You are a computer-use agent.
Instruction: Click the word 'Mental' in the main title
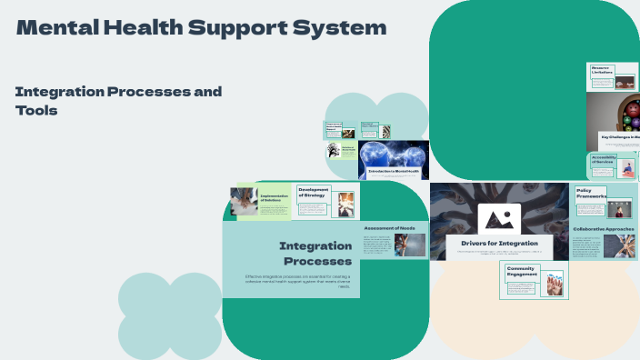click(x=54, y=28)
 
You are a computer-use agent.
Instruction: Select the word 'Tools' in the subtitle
click(x=36, y=110)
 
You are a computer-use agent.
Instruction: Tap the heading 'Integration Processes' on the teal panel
click(x=315, y=254)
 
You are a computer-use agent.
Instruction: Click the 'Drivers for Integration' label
click(x=499, y=244)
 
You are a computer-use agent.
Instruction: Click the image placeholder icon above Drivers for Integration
click(x=499, y=218)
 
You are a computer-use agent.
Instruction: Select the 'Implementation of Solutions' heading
click(x=274, y=198)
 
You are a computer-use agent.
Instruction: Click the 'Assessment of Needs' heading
click(x=389, y=227)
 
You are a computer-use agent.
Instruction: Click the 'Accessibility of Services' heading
click(x=604, y=160)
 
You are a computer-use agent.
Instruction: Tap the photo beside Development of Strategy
click(x=346, y=203)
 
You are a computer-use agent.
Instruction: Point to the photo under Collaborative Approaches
click(x=615, y=245)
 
